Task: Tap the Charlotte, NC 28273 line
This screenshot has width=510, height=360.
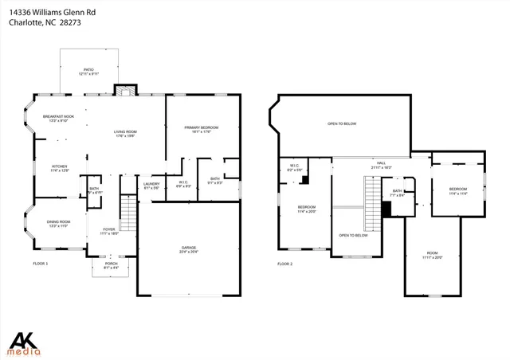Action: pos(45,23)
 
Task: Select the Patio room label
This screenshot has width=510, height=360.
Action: pos(89,71)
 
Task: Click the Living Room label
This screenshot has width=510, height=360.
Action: pos(125,133)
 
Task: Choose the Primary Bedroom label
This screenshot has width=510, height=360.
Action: pos(201,129)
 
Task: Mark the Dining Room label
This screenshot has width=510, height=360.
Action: pos(58,223)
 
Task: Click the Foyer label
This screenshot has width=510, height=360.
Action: pos(108,231)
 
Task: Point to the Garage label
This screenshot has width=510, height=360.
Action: pos(188,248)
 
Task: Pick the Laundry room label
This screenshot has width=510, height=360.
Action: pos(151,186)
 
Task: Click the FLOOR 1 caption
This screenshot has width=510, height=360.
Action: pos(40,263)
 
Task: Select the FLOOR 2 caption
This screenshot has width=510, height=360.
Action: pos(285,263)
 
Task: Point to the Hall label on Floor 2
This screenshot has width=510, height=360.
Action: pos(380,165)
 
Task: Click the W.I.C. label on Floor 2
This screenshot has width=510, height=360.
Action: pos(294,167)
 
